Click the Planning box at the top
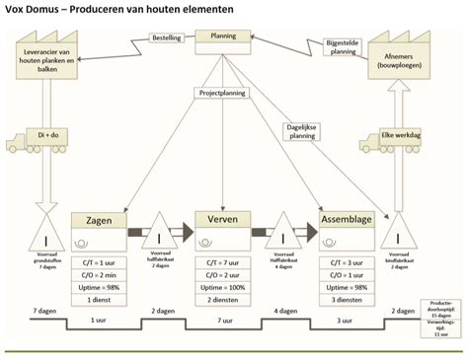pyautogui.click(x=224, y=40)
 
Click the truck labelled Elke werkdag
pyautogui.click(x=398, y=137)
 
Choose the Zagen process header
pyautogui.click(x=99, y=219)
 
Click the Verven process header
pyautogui.click(x=222, y=219)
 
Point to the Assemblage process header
pyautogui.click(x=347, y=219)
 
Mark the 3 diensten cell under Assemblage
pyautogui.click(x=347, y=299)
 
